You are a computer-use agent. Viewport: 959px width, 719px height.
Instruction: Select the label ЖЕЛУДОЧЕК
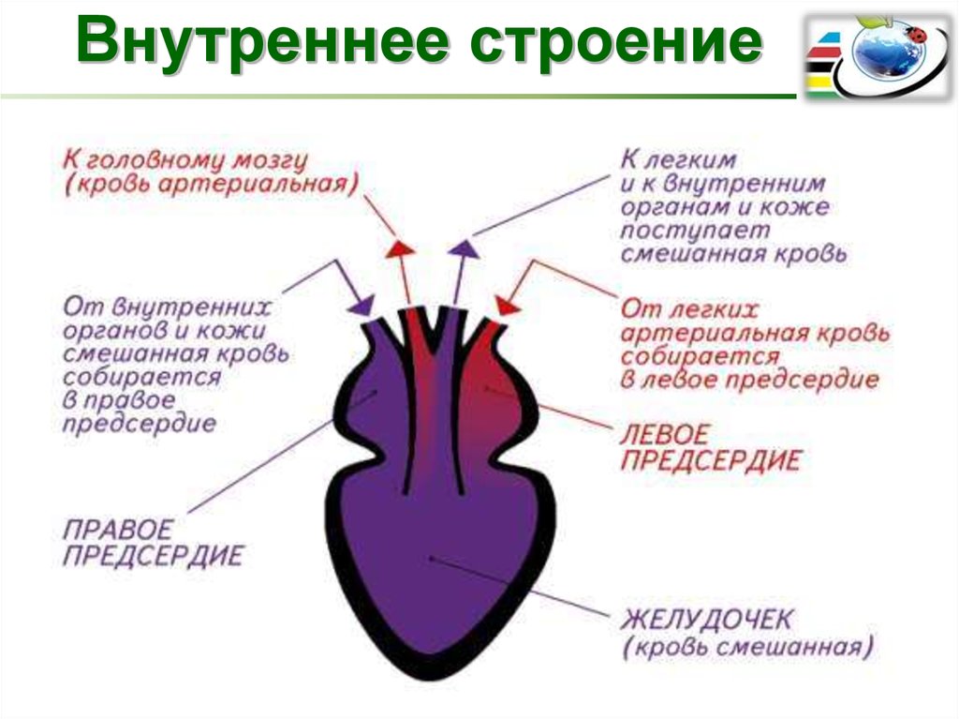(706, 620)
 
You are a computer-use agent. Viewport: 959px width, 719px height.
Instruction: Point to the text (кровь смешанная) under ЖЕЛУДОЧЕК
(747, 648)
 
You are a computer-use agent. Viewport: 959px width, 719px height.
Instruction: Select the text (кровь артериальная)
(212, 185)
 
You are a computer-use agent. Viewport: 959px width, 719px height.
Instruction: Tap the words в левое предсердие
(750, 380)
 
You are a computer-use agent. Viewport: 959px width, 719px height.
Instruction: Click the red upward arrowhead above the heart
(401, 247)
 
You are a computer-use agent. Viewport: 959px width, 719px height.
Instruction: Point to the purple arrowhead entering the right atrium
(362, 306)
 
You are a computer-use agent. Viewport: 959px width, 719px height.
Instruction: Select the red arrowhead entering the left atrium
(507, 307)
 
